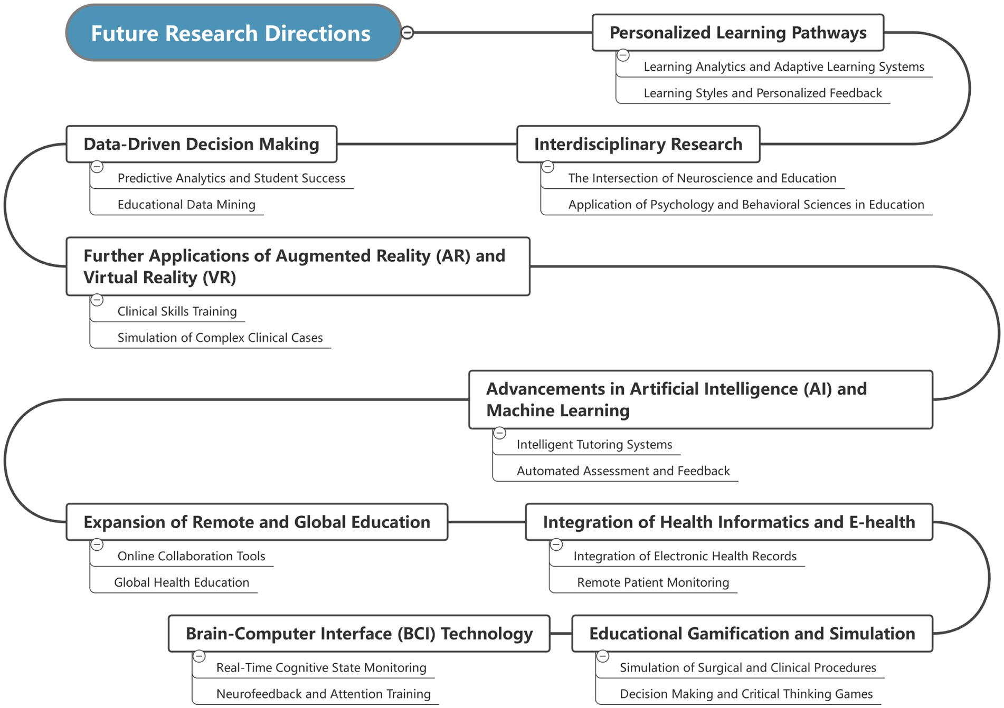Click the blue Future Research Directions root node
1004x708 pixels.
[x=233, y=33]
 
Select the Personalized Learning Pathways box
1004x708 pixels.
[x=737, y=33]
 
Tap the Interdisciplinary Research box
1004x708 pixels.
[x=638, y=144]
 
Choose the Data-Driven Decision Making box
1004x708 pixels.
[x=201, y=144]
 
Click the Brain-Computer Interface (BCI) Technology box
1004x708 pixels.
[x=359, y=634]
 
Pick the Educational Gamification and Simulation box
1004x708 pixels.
[x=752, y=634]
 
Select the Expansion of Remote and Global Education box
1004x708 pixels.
[x=257, y=522]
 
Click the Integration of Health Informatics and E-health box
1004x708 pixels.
[x=728, y=522]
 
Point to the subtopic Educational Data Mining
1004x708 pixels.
[x=186, y=205]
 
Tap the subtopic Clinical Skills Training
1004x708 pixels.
[x=177, y=311]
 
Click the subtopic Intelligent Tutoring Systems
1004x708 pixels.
[x=594, y=445]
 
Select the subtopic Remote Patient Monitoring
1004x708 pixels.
[x=653, y=582]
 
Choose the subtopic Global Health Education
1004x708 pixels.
[x=182, y=582]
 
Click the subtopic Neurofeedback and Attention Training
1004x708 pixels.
[x=323, y=694]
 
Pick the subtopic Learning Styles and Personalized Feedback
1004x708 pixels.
[x=762, y=93]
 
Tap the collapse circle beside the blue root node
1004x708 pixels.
[x=408, y=33]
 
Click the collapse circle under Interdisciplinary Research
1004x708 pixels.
[x=548, y=167]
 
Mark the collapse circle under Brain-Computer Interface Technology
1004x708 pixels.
[x=199, y=656]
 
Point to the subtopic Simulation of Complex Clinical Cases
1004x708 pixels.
[x=220, y=338]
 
